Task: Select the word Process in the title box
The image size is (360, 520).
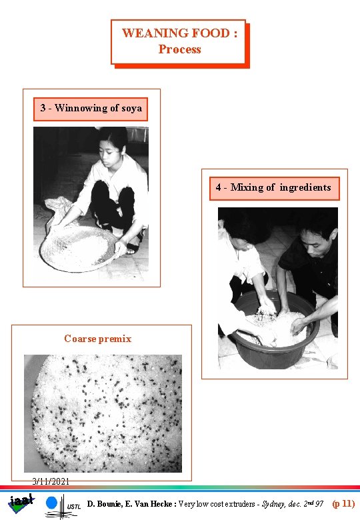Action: [179, 49]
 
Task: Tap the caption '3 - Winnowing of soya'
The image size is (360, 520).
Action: [91, 108]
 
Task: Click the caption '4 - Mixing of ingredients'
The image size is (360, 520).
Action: [273, 187]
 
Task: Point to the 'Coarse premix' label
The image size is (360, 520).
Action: [98, 339]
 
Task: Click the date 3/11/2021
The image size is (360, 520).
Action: [51, 481]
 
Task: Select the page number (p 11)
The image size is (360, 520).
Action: [343, 504]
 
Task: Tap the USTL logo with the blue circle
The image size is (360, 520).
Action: [63, 505]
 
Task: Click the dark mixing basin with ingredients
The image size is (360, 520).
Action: [275, 333]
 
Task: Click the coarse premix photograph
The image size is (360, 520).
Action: [103, 413]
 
